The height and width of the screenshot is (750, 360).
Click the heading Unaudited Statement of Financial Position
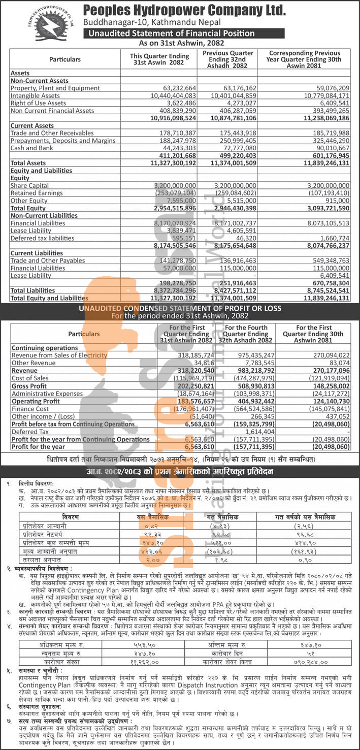[172, 34]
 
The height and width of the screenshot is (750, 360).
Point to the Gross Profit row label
[29, 386]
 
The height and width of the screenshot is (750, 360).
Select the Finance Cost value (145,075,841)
[325, 409]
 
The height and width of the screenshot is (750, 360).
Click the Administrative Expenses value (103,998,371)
[246, 394]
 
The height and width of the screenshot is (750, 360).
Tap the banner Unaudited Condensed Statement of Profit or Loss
[180, 308]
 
